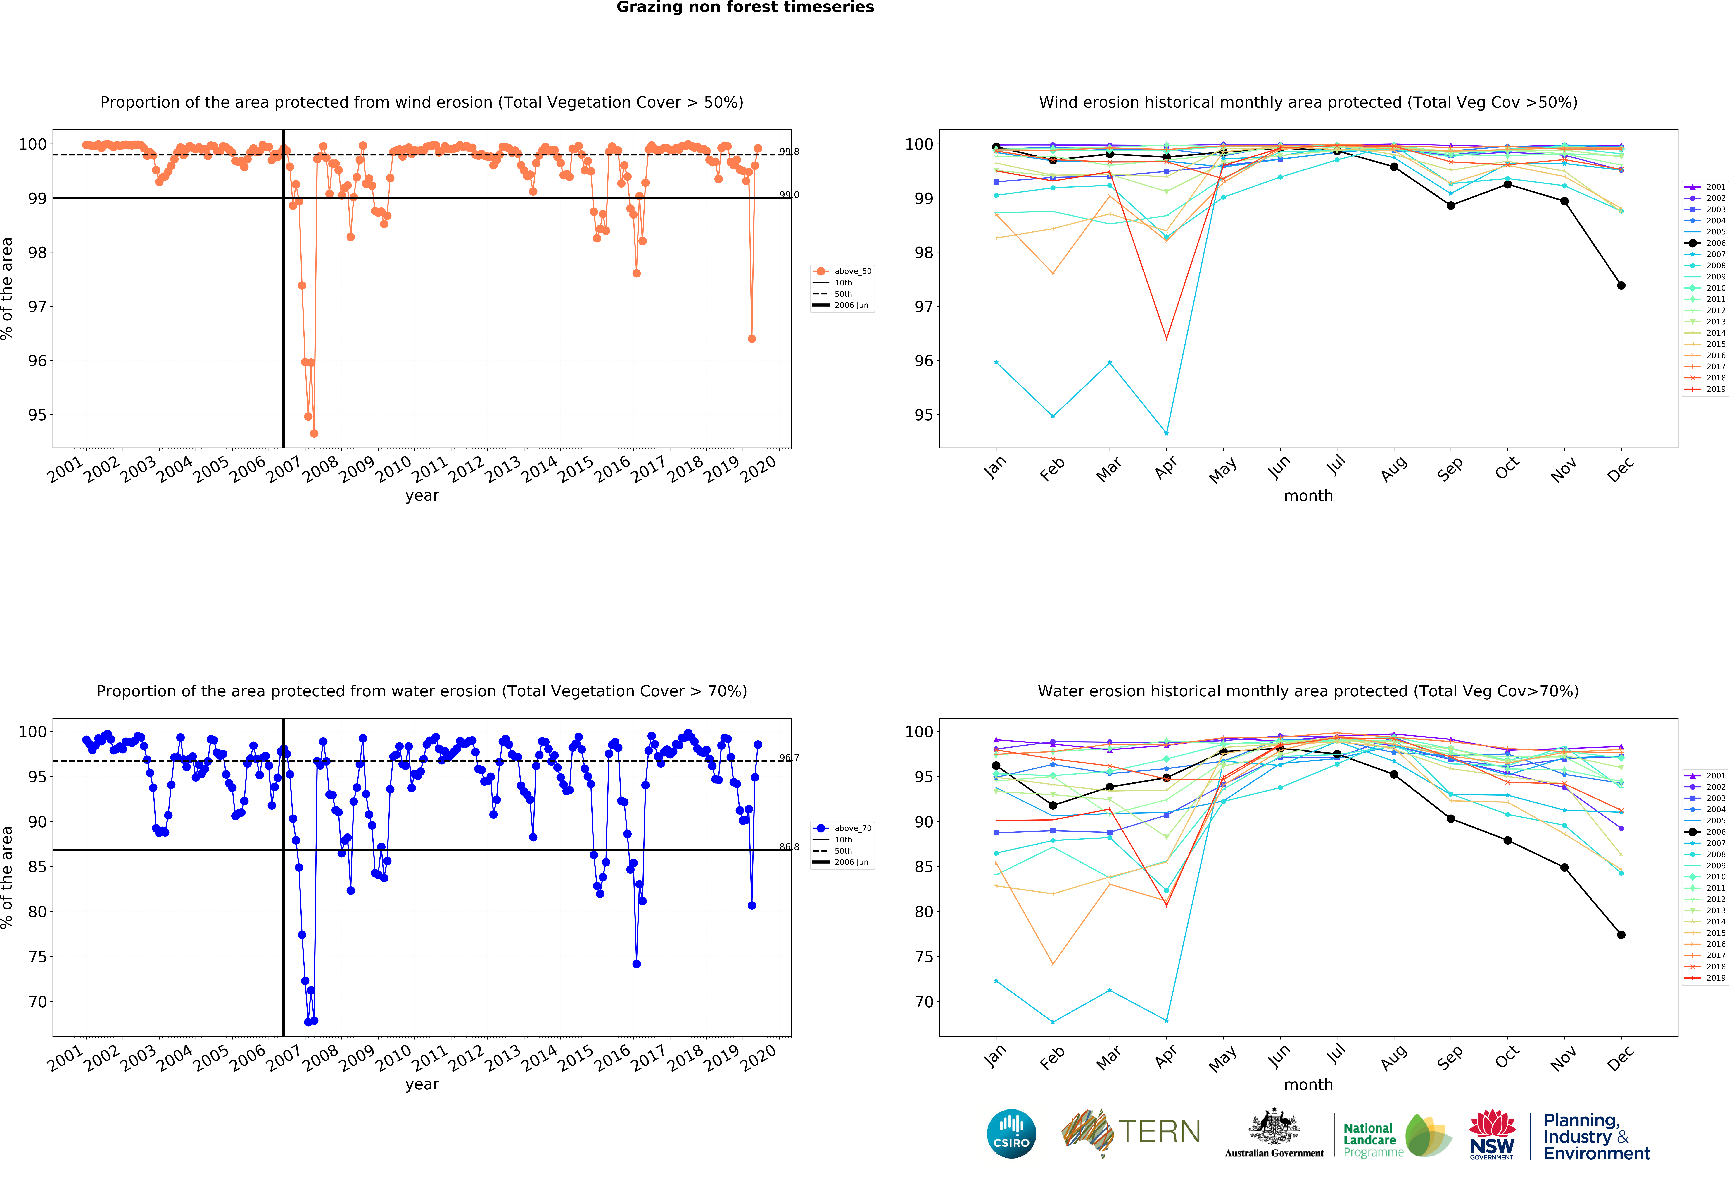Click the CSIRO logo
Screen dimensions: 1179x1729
1011,1134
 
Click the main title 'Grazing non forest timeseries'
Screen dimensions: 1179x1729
745,7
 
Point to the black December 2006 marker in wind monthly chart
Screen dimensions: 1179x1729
1621,285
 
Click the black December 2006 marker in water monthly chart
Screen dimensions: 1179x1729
1621,935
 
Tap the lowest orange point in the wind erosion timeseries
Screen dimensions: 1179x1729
314,433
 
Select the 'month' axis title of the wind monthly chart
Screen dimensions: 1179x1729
1308,496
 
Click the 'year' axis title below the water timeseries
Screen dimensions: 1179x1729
422,1084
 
